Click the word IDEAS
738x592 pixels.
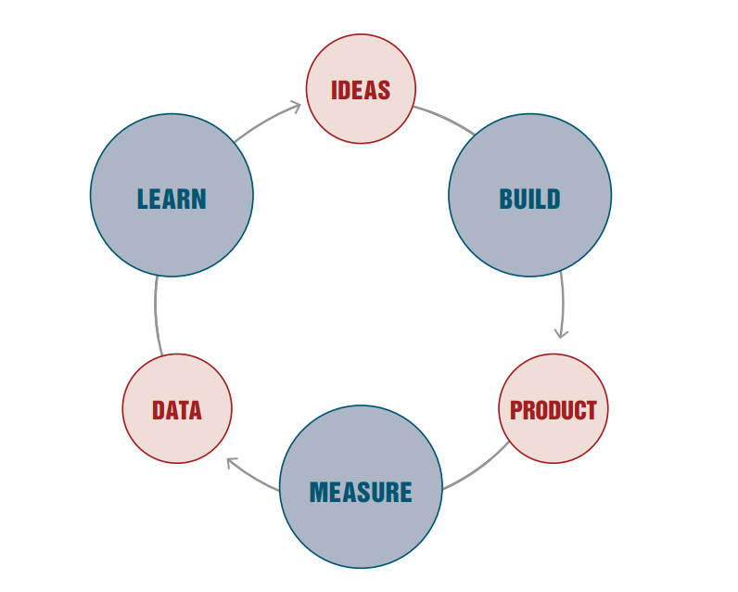(361, 90)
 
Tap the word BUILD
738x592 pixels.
(529, 199)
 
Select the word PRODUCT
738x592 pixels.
(553, 409)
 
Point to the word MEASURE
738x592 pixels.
(361, 491)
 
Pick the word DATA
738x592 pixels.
(176, 409)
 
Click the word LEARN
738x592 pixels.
(172, 199)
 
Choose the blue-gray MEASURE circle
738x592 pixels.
(361, 534)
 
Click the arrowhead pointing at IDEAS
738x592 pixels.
(297, 107)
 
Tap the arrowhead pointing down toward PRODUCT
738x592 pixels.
(561, 332)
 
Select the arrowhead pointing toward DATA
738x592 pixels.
(232, 461)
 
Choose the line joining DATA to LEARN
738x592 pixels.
(157, 315)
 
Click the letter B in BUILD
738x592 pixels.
(506, 199)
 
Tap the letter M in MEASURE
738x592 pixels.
(318, 491)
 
